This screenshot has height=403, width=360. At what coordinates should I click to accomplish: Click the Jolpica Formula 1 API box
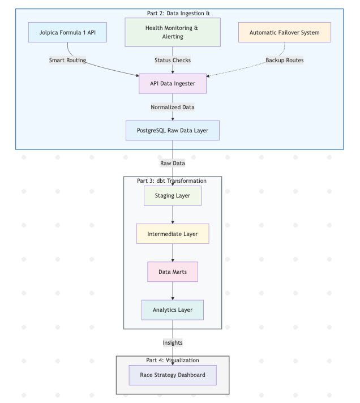[x=67, y=32]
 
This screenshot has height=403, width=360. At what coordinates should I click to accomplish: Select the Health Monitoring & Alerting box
[x=173, y=32]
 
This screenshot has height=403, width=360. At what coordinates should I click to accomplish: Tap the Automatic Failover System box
[x=285, y=32]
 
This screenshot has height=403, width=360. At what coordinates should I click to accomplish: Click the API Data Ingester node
[x=173, y=84]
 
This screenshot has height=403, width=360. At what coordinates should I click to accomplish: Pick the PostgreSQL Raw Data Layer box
[x=173, y=131]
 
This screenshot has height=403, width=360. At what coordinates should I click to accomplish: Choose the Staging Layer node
[x=173, y=196]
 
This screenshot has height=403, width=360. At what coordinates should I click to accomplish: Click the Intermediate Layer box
[x=173, y=234]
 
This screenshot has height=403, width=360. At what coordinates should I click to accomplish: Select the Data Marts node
[x=173, y=272]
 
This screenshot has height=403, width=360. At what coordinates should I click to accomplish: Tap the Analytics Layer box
[x=173, y=310]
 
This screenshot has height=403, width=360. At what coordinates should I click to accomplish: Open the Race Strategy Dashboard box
[x=173, y=375]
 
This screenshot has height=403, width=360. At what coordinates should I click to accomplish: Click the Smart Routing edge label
[x=67, y=60]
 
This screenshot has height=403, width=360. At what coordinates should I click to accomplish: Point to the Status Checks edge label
[x=173, y=60]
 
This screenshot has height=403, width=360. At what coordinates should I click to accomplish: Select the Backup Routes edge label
[x=285, y=60]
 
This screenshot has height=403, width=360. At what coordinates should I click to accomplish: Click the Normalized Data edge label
[x=173, y=107]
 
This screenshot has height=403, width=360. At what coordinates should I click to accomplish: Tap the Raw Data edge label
[x=173, y=163]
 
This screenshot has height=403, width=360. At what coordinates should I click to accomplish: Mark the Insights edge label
[x=173, y=342]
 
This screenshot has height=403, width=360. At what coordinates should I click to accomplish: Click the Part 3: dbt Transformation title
[x=172, y=181]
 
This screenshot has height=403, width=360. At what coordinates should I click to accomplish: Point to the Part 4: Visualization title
[x=173, y=360]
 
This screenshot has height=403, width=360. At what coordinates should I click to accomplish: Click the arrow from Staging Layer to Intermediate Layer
[x=173, y=215]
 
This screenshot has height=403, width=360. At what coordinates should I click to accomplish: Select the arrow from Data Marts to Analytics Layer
[x=173, y=291]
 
